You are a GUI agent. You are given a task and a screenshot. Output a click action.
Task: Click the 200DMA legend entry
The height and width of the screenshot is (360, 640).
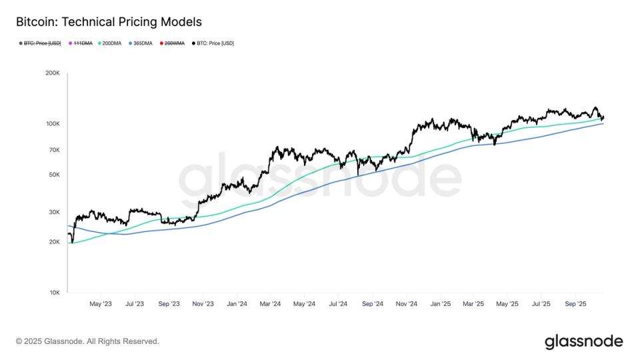[109, 43]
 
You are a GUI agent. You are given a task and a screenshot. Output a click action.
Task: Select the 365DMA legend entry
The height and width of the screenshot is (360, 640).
[141, 43]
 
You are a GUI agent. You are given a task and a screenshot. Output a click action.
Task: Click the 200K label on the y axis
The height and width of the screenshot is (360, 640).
[53, 73]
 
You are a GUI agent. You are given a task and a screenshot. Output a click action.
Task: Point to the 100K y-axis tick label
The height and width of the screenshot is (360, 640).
[53, 124]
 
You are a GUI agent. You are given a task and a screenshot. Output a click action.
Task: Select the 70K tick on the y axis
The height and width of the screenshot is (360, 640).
[54, 150]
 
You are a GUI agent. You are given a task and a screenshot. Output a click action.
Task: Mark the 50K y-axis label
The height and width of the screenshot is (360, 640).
[54, 175]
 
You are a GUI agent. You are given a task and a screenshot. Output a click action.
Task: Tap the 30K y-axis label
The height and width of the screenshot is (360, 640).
[54, 212]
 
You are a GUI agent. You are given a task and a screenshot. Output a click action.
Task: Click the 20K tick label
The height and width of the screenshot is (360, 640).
[54, 242]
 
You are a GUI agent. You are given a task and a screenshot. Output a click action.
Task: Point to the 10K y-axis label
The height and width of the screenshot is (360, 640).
[54, 293]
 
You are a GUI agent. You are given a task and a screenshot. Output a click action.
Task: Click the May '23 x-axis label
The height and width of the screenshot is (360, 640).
[100, 304]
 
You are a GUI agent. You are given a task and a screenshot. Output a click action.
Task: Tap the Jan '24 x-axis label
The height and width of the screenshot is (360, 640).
[237, 304]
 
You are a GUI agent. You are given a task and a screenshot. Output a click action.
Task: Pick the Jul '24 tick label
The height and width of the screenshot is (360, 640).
[337, 304]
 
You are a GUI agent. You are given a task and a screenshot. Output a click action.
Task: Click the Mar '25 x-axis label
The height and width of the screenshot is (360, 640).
[473, 304]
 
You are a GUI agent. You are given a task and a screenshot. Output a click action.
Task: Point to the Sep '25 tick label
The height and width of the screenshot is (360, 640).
[575, 304]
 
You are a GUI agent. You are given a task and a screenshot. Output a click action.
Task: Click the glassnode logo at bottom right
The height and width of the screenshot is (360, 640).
[584, 341]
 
